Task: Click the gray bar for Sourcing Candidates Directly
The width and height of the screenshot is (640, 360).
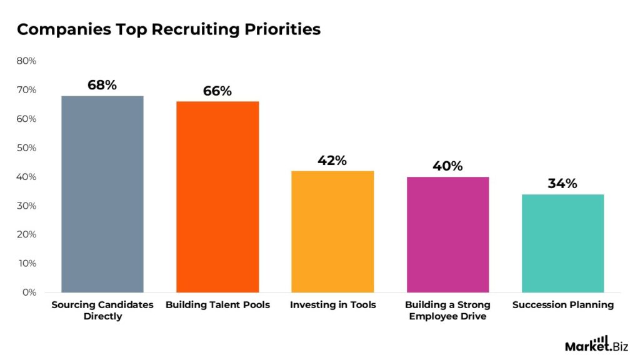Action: tap(102, 194)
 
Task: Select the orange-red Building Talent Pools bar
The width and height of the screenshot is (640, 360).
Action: tap(217, 197)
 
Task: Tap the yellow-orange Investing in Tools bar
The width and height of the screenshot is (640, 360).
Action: tap(332, 231)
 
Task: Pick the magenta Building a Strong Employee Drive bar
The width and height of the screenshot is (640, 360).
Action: tap(447, 234)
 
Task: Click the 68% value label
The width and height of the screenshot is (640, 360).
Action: tap(102, 85)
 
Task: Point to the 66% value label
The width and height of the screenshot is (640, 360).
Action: tap(217, 91)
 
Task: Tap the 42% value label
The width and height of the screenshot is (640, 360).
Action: tap(332, 160)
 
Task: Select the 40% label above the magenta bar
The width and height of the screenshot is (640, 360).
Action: tap(447, 166)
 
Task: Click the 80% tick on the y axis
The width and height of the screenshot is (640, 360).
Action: tap(26, 61)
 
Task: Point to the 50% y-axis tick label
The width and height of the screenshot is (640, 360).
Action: tap(26, 148)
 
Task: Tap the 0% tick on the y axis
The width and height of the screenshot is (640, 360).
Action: tap(29, 292)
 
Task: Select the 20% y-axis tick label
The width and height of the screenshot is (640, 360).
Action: tap(26, 235)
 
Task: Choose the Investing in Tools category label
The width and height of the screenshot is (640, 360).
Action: tap(332, 305)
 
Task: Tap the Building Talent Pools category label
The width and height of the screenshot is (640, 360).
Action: tap(217, 305)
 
